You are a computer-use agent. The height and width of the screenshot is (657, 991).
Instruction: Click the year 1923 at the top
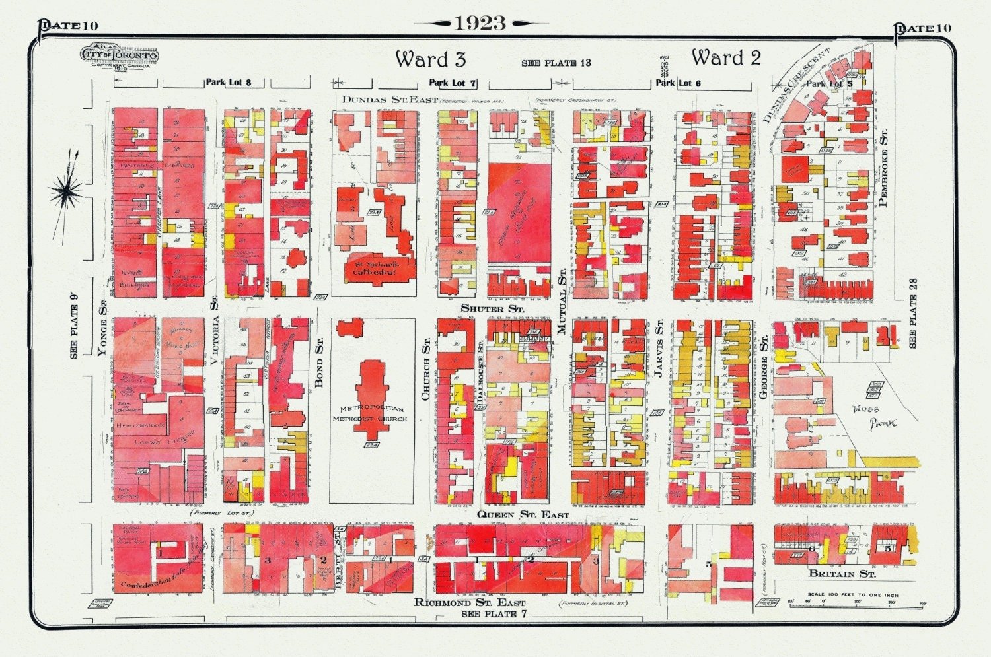point(480,23)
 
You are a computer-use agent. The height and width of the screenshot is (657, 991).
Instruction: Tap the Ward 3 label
point(431,59)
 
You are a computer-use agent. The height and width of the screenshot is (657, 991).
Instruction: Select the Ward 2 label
point(726,58)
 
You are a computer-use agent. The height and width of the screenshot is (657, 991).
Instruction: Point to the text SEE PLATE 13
point(556,63)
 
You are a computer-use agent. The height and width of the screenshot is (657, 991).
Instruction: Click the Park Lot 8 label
point(228,83)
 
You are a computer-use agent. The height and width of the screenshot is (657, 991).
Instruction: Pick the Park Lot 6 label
point(679,83)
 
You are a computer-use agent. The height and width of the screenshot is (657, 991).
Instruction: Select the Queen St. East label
point(523,514)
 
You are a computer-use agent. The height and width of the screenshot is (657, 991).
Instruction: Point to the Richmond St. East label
point(470,602)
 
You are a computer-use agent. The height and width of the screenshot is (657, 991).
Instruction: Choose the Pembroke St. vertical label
point(883,168)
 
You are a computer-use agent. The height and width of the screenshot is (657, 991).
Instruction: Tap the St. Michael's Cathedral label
point(374,267)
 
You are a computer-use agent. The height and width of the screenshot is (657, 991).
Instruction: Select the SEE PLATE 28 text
point(914,313)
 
